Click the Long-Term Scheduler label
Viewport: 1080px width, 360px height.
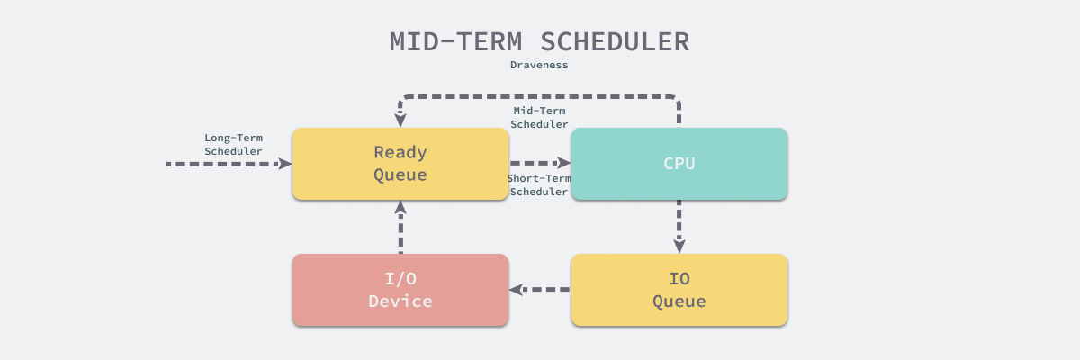tap(233, 145)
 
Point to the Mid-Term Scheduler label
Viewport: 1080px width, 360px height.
tap(539, 117)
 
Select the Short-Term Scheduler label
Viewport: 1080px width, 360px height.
tap(538, 184)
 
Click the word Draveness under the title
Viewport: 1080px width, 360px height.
tap(539, 65)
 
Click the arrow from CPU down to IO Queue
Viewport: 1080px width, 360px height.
tap(679, 225)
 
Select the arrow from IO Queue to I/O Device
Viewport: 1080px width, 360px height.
tap(540, 290)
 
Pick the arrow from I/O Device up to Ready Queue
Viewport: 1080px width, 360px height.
tap(400, 227)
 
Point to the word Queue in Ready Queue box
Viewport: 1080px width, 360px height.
tap(400, 175)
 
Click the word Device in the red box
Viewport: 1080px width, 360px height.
tap(400, 301)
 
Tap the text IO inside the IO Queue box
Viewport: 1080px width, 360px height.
tap(679, 278)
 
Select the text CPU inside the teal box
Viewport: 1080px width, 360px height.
tap(679, 164)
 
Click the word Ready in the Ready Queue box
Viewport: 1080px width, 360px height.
tap(400, 152)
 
